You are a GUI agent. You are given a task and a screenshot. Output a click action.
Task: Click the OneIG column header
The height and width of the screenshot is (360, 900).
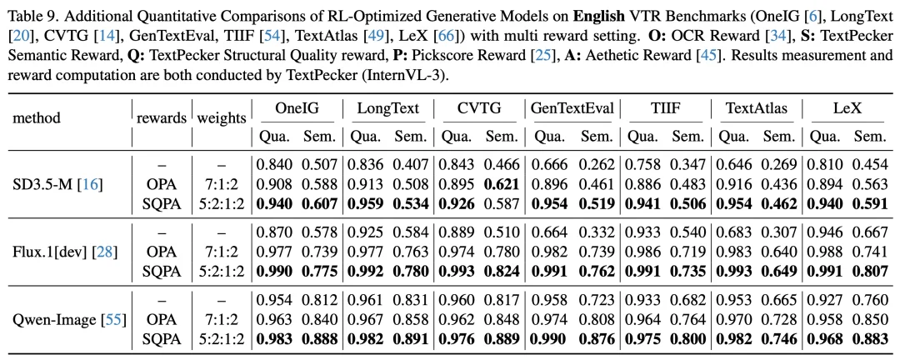point(297,108)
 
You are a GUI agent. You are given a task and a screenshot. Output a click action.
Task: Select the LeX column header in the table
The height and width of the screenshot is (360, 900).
point(846,108)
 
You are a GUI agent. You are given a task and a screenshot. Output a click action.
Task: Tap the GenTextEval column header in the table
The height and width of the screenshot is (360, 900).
point(572,108)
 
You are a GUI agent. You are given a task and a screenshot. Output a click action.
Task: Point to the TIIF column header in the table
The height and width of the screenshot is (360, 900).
point(664,108)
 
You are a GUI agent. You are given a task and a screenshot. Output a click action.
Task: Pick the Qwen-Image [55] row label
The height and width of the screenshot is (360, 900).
point(65,313)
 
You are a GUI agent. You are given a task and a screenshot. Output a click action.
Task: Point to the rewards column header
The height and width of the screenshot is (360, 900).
point(161,117)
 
